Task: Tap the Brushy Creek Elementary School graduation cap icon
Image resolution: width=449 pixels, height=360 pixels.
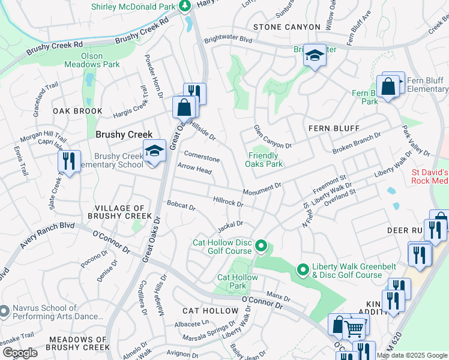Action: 154,150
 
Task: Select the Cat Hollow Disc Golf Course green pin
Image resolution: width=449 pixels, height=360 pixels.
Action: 261,246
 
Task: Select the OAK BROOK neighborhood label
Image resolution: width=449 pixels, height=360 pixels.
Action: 77,112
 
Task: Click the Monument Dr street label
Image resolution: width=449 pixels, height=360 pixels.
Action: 262,190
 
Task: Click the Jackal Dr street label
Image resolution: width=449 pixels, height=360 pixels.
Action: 230,226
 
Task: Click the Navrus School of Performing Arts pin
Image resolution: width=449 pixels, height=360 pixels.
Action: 5,310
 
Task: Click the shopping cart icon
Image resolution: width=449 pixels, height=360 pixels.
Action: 355,328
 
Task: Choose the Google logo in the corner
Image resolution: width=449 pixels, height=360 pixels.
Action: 19,353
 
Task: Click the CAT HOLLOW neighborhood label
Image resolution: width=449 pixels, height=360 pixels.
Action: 210,311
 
